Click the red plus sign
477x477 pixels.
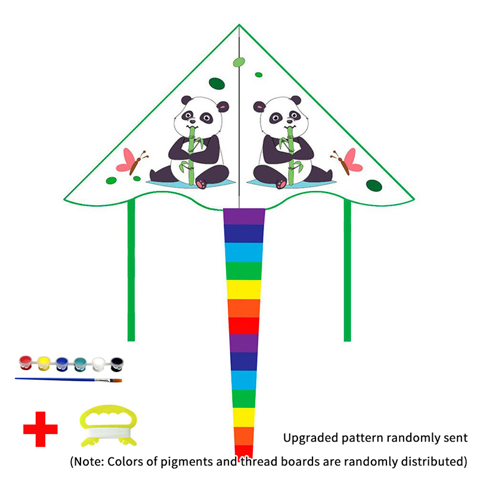tap(41, 429)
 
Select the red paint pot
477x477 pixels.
tap(25, 361)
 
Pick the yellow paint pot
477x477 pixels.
tap(43, 361)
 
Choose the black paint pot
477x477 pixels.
tap(116, 361)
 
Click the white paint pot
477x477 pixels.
tap(98, 361)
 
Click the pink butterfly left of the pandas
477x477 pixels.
tap(131, 160)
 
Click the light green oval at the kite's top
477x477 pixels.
tap(239, 62)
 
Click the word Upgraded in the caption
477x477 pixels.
tap(308, 438)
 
